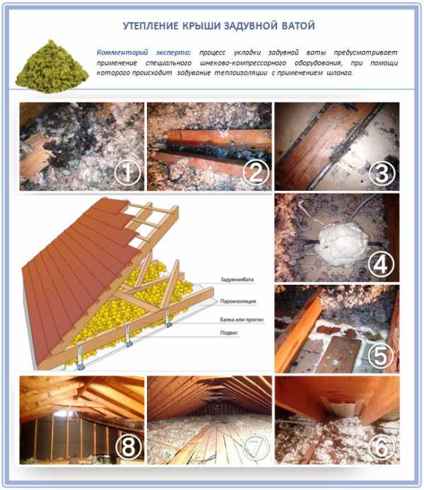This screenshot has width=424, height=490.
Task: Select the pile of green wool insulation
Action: click(x=52, y=66)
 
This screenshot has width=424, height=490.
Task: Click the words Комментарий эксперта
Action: click(x=144, y=52)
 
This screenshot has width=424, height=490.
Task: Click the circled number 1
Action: click(x=127, y=173)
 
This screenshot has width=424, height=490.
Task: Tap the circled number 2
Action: click(x=256, y=173)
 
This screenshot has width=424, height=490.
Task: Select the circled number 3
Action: click(x=382, y=173)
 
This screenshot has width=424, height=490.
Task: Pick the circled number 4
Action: click(x=381, y=264)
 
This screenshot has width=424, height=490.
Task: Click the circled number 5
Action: click(x=381, y=356)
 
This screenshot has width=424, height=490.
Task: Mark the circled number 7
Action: click(x=256, y=447)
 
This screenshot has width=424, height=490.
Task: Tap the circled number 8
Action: click(x=128, y=447)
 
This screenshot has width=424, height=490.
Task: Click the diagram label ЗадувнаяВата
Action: click(x=237, y=279)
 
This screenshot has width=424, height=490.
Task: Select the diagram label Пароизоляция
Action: click(x=238, y=301)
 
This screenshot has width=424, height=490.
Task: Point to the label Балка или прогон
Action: click(x=242, y=320)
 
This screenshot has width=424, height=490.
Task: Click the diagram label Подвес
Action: click(x=229, y=333)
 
